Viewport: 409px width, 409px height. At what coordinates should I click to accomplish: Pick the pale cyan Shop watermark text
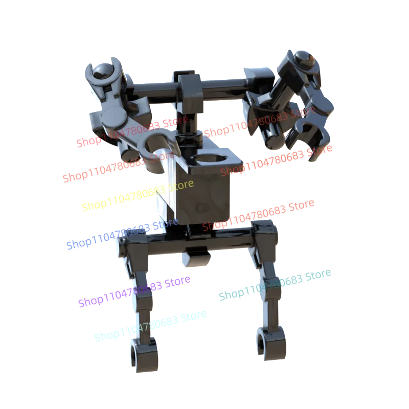click(x=151, y=326)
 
